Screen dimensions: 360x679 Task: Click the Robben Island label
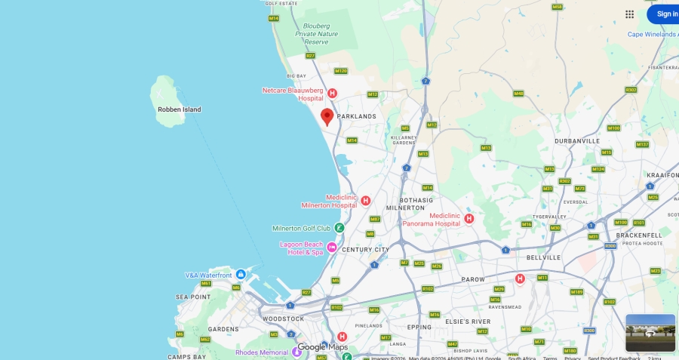180,109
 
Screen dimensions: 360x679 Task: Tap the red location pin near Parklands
327,116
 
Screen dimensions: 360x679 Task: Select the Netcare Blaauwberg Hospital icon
331,93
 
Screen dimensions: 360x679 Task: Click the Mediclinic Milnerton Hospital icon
365,201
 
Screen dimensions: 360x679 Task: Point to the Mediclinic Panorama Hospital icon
469,219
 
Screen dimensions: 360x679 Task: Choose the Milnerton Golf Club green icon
339,228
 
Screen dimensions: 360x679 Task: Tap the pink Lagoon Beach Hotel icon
331,247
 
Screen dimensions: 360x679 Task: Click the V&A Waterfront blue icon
241,274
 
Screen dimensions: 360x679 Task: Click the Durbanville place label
576,141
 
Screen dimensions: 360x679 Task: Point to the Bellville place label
543,257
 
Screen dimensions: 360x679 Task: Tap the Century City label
365,250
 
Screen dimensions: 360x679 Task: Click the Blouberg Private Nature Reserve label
317,33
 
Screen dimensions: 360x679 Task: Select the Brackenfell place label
638,235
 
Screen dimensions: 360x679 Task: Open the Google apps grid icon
629,14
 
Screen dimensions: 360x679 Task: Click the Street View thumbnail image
650,333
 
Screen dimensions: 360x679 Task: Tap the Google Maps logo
323,347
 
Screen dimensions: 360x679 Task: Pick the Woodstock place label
283,319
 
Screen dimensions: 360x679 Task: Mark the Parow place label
473,279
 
